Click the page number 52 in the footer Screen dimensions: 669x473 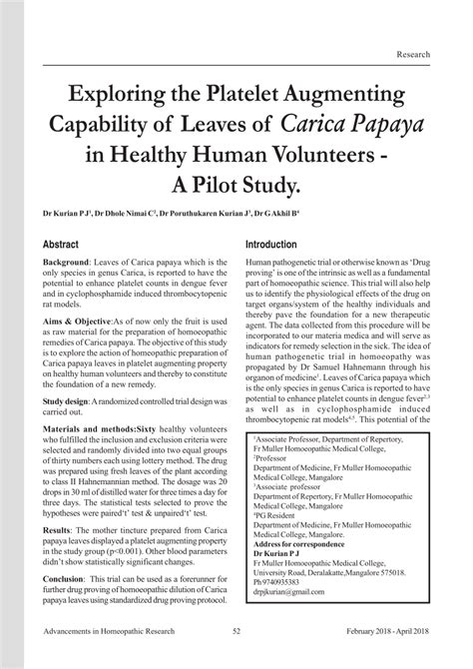tap(236, 658)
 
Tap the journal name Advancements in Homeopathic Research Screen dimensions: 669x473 tap(115, 658)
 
